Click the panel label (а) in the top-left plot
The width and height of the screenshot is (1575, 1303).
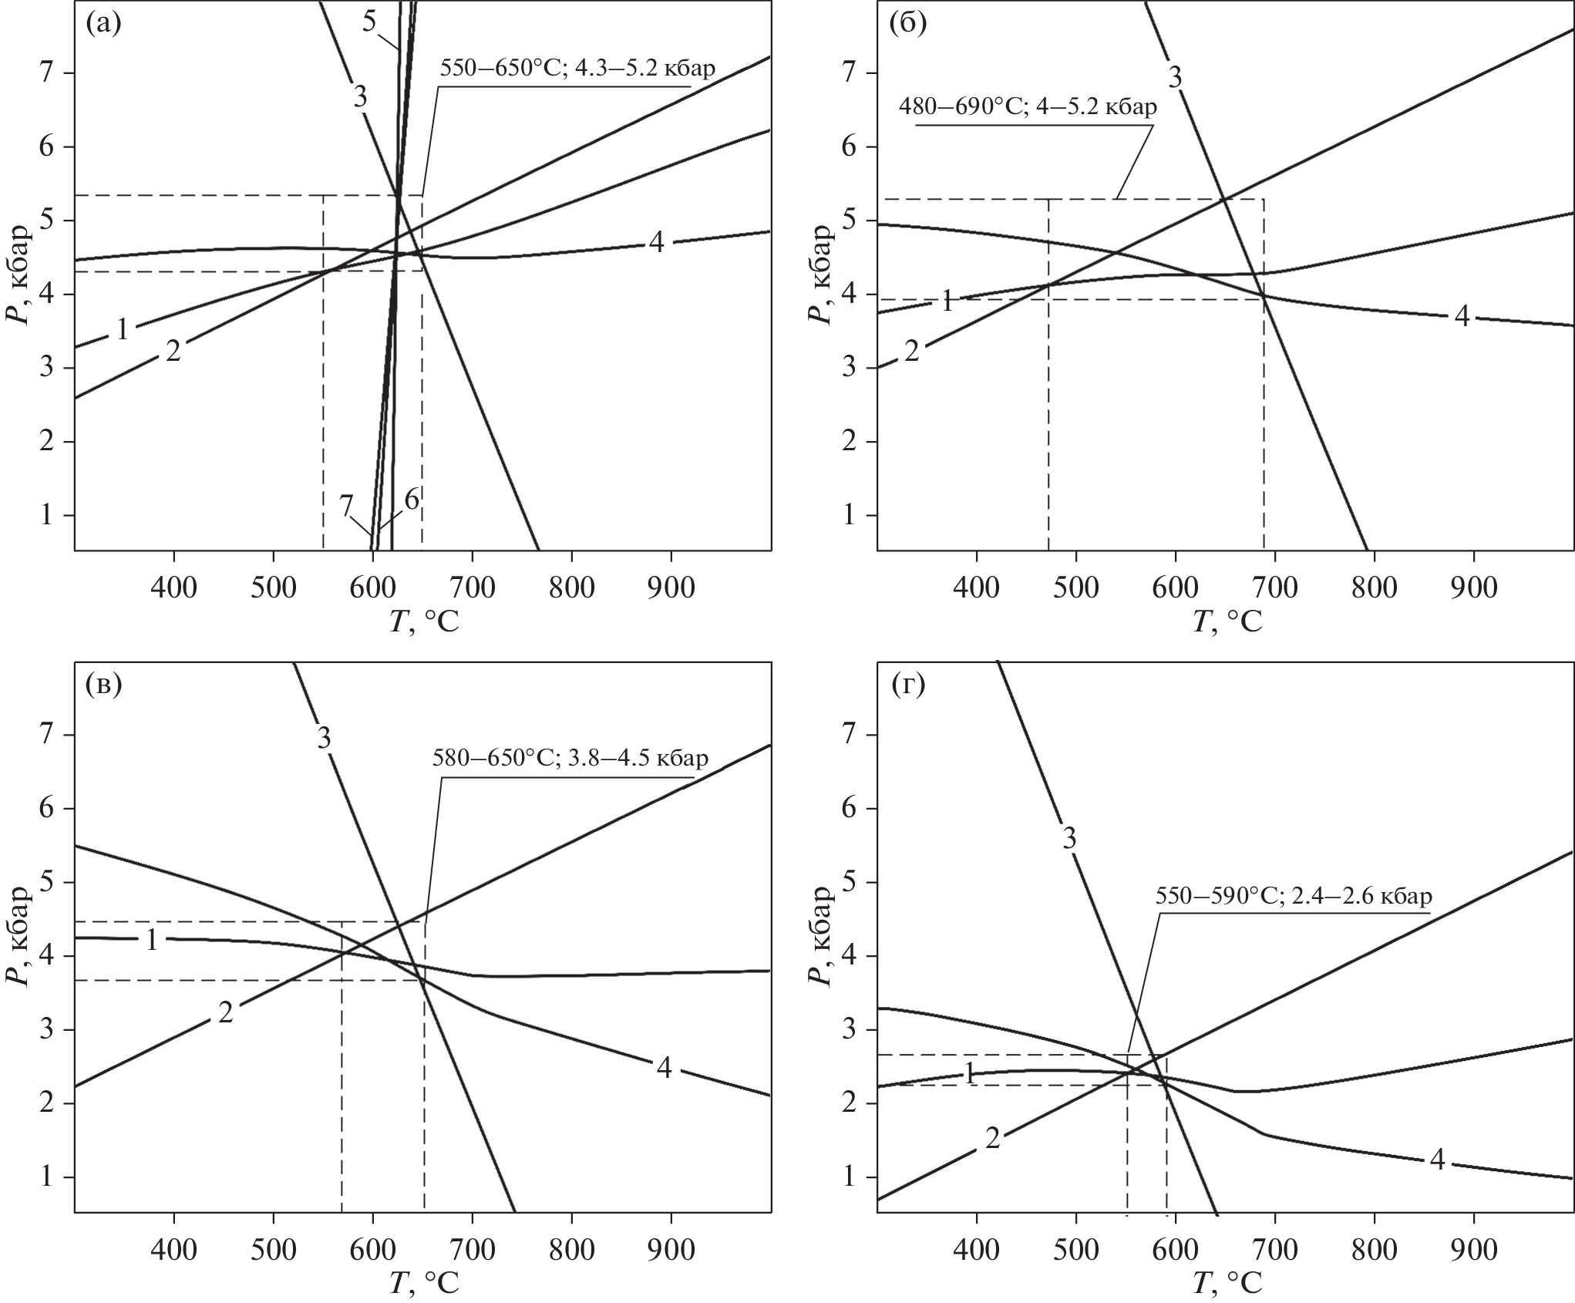104,25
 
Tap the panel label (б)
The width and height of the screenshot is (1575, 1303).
907,25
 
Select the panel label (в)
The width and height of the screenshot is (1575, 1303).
104,686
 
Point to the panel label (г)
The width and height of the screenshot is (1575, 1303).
907,686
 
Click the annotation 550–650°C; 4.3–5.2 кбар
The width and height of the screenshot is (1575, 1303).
577,68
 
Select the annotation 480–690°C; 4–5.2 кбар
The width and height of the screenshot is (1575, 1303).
1028,106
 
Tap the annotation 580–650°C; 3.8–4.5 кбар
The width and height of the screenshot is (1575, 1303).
570,759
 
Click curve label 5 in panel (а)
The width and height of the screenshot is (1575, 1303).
369,22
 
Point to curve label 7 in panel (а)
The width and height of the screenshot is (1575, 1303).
346,505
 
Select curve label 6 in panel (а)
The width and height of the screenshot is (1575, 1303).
412,499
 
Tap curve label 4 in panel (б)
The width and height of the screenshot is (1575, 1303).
1462,316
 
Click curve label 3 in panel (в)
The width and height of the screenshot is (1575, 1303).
324,739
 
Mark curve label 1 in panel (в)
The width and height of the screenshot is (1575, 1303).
152,940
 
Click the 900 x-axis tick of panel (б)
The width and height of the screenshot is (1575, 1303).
1474,588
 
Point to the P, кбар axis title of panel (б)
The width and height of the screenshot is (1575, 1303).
823,275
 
